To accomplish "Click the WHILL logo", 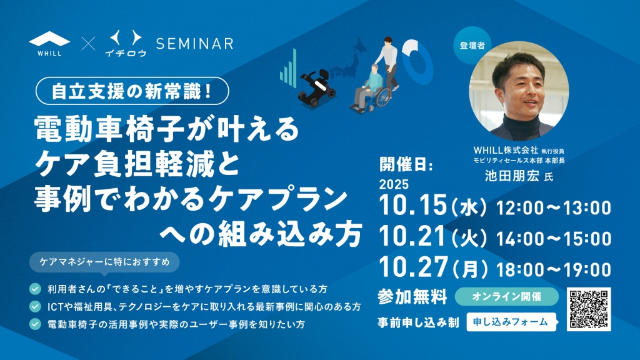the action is click(x=49, y=43).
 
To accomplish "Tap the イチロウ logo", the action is click(x=126, y=43).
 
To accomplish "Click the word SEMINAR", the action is click(x=195, y=43).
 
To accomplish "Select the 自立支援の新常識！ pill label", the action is click(x=132, y=91).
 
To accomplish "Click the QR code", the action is click(x=589, y=309).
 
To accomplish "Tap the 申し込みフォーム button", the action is click(x=511, y=322).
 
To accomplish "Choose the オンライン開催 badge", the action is click(x=506, y=296).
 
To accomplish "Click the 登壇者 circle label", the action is click(x=472, y=46).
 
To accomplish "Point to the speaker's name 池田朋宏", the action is click(x=512, y=176).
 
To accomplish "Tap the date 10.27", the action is click(x=413, y=267).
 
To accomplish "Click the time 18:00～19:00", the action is click(x=554, y=269).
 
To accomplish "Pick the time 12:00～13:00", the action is click(x=554, y=207).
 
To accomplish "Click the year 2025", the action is click(x=394, y=184).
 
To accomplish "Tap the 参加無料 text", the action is click(x=412, y=297).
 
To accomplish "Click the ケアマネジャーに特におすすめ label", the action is click(x=104, y=262).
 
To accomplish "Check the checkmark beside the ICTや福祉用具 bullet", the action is click(x=35, y=306).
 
